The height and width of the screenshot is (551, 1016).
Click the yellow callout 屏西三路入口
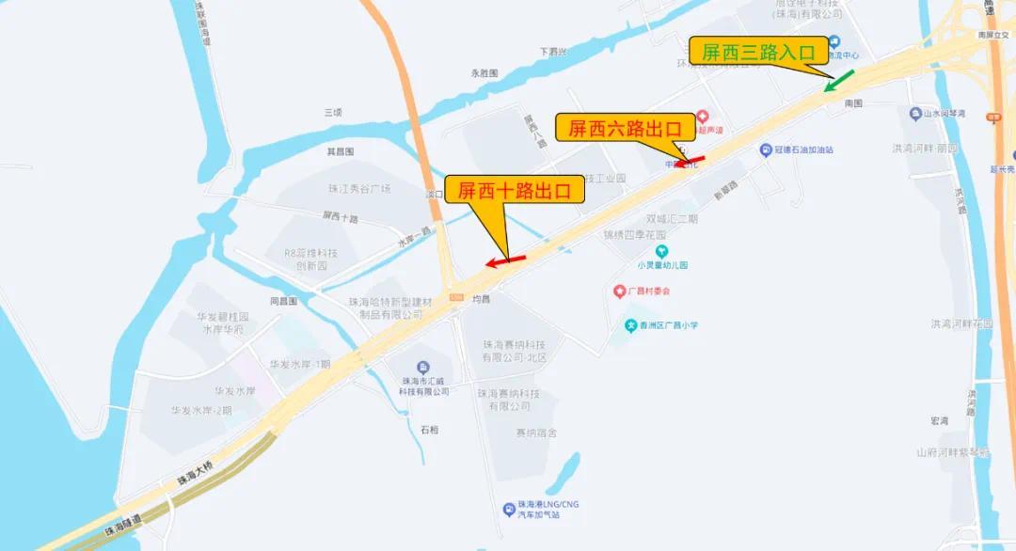click(x=758, y=52)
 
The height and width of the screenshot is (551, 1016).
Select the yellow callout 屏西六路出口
click(x=624, y=128)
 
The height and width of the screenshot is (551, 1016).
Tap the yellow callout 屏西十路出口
click(x=514, y=191)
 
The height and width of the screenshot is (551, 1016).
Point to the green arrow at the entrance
click(x=840, y=80)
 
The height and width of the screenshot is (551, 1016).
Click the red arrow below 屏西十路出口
click(x=505, y=260)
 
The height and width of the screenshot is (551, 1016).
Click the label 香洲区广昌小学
click(x=669, y=325)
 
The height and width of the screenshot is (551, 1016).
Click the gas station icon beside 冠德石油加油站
click(x=764, y=150)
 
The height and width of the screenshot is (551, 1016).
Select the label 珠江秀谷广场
click(x=358, y=189)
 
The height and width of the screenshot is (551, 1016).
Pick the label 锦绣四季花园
click(x=634, y=234)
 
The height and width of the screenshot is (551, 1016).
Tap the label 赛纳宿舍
click(x=536, y=433)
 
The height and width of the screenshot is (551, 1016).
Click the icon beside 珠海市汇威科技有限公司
click(x=422, y=367)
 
